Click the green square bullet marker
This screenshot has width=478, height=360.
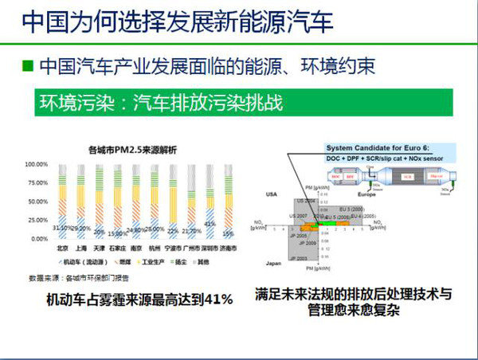point(28,65)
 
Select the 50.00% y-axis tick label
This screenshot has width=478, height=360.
point(38,202)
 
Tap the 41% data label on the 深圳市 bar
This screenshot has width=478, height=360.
point(210,225)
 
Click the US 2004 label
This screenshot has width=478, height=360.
point(306,201)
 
